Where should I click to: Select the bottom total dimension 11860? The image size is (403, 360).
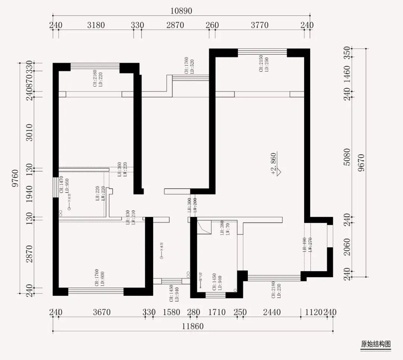click(x=193, y=326)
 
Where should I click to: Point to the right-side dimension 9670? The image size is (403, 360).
click(x=360, y=163)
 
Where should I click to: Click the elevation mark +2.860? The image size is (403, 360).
click(x=276, y=164)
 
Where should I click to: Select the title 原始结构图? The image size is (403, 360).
click(x=376, y=344)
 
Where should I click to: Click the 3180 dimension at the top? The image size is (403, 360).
click(x=96, y=25)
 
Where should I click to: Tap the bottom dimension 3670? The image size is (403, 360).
click(x=101, y=312)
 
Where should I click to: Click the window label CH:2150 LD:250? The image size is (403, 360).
click(x=264, y=64)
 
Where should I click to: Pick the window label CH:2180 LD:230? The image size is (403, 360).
click(x=276, y=290)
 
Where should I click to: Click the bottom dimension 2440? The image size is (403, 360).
click(x=271, y=312)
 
